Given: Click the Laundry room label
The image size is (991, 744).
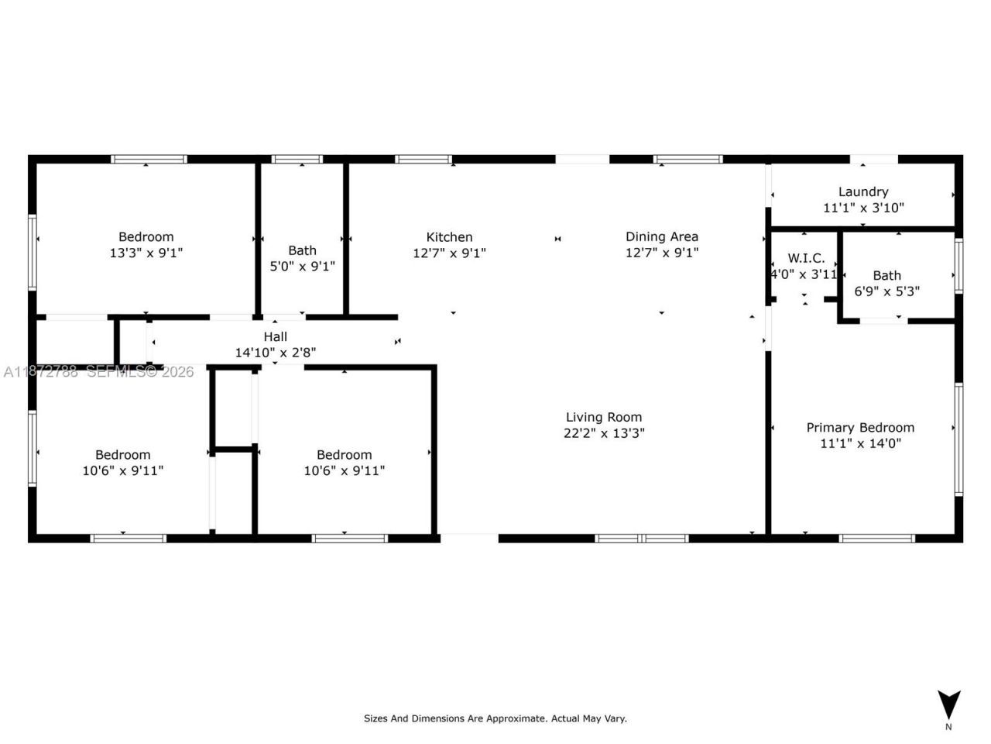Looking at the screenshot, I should (863, 191).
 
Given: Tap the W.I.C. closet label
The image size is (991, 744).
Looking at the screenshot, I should (806, 258).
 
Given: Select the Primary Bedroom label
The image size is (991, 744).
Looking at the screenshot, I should (860, 427).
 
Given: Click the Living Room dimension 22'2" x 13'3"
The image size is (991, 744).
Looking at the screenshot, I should (604, 433).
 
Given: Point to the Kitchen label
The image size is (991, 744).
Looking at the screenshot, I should (449, 237).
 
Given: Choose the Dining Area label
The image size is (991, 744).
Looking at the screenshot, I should (662, 236).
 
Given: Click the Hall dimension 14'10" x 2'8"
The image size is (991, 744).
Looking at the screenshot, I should (276, 353).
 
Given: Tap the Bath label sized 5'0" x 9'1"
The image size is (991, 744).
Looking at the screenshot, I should (302, 250).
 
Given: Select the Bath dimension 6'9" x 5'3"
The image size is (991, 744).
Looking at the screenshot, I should (886, 291).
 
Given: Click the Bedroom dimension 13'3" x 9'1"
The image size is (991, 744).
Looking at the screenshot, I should (146, 253).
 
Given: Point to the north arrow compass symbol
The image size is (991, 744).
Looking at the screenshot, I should (948, 705).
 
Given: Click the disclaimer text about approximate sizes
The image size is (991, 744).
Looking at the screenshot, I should (495, 718).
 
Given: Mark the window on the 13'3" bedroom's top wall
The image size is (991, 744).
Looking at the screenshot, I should (149, 160).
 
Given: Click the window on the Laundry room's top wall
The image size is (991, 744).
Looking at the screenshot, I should (874, 160).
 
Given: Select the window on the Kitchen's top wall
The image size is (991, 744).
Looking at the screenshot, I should (423, 160).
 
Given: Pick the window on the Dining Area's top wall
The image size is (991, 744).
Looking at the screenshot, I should (688, 160).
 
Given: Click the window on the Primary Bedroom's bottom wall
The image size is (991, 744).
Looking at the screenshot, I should (877, 538).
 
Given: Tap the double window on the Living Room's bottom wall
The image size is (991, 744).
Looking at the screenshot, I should (642, 538).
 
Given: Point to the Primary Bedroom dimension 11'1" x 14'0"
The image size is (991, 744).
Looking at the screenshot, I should (860, 443).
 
